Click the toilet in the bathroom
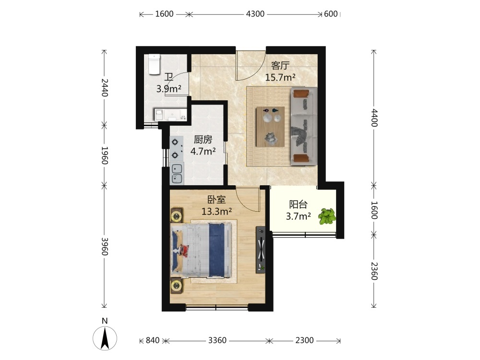(155, 64)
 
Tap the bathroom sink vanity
(170, 115)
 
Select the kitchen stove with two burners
(177, 148)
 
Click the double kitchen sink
(177, 173)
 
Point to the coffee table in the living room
(270, 127)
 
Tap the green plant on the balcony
(326, 217)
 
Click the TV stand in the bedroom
(261, 250)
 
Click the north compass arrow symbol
(105, 338)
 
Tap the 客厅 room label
(280, 65)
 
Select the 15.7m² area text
(280, 77)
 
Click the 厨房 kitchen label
(203, 140)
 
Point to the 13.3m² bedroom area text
(216, 211)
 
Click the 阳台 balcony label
(299, 204)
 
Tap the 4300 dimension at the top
(255, 14)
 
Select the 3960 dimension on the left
(105, 246)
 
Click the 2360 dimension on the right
(374, 271)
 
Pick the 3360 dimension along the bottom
(217, 340)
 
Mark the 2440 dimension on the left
(105, 87)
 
